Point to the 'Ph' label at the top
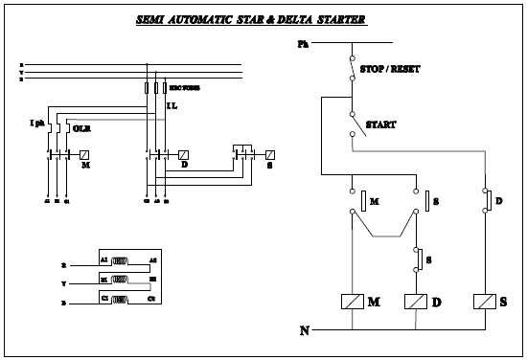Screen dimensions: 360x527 pos(304,44)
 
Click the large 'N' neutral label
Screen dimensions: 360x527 pos(305,331)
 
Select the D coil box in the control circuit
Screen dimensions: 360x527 pos(416,302)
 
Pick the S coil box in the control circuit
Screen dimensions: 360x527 pos(484,302)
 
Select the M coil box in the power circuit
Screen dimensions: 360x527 pos(84,154)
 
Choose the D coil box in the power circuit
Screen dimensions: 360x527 pos(183,154)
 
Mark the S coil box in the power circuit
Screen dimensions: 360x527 pos(270,154)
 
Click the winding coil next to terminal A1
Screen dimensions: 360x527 pos(120,260)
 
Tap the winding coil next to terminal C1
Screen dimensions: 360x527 pos(120,301)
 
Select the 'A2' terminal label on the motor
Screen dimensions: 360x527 pos(151,259)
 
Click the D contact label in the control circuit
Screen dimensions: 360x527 pos(498,202)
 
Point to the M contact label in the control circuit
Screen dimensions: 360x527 pos(375,202)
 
